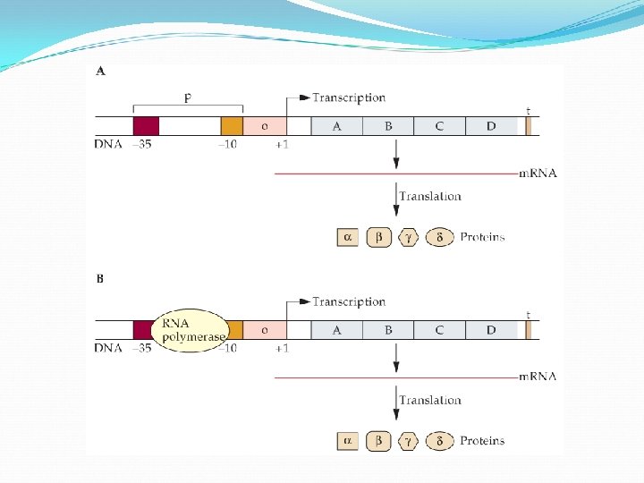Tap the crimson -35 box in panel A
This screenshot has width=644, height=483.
tap(146, 126)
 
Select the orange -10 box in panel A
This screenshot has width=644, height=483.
tap(232, 126)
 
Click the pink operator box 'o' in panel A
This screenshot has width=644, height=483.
tap(264, 126)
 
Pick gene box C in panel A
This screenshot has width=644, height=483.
tap(439, 126)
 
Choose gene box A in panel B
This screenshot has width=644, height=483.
tap(336, 330)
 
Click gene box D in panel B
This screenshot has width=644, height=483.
tap(491, 330)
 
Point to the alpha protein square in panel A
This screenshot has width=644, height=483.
tap(348, 237)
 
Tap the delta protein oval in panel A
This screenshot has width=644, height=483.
tap(439, 237)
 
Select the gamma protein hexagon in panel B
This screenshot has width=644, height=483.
tap(409, 440)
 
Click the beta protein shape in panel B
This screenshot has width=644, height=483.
tap(378, 440)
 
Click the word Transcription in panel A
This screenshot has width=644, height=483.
tap(349, 97)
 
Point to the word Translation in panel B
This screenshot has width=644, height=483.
tap(430, 400)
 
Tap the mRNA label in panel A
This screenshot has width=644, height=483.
tap(538, 174)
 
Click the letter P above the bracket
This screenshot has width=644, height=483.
tap(188, 97)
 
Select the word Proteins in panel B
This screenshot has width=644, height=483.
tap(482, 441)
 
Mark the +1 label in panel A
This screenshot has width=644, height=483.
tap(282, 144)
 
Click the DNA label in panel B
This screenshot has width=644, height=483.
tap(107, 348)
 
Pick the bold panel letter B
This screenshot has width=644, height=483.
tap(99, 278)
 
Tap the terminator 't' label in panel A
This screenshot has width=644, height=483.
tap(528, 111)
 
